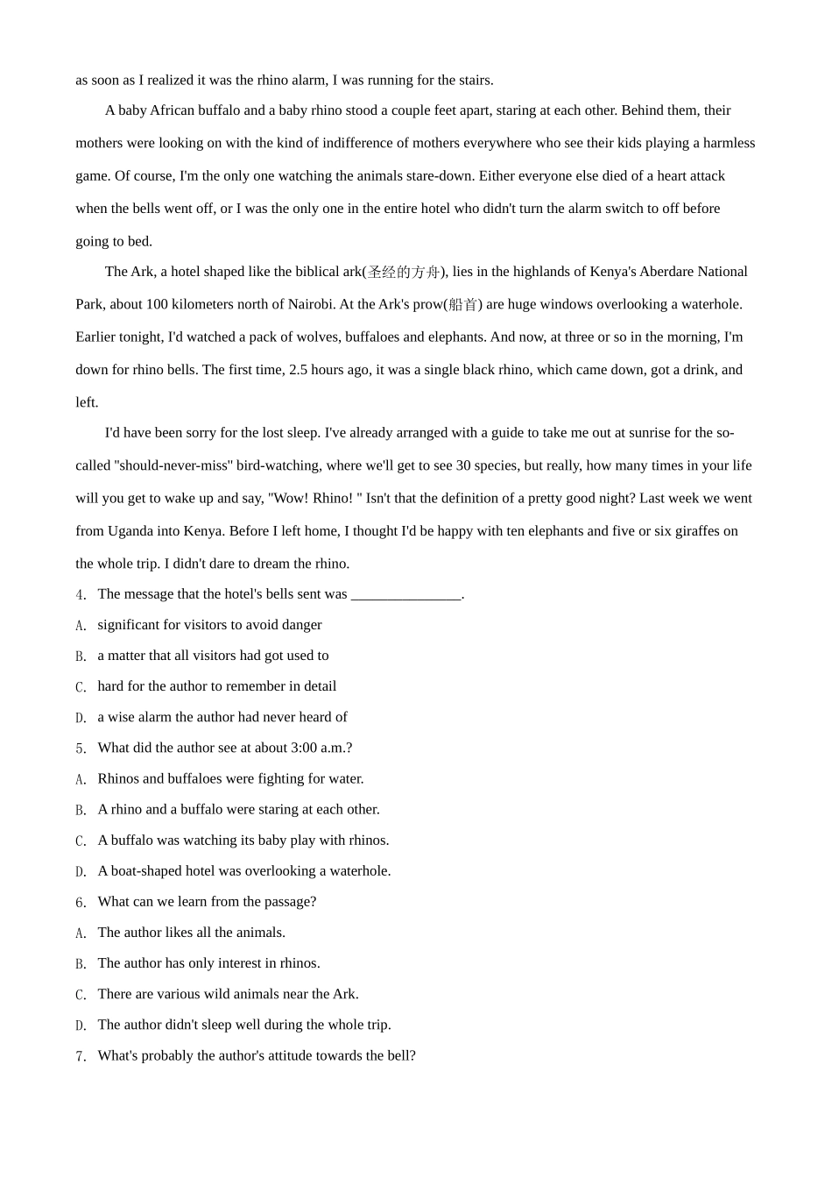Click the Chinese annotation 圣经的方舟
point(403,273)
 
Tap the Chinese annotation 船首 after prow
point(463,305)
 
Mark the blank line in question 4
point(405,595)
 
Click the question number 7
point(81,1057)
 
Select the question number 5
point(81,749)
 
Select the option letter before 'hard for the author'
point(81,687)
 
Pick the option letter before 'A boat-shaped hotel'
point(81,872)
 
